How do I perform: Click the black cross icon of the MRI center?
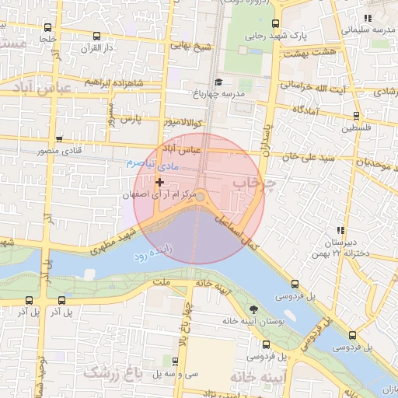160,182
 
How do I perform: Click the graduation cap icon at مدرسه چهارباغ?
219,82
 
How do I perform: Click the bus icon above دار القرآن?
96,37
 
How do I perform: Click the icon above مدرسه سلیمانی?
368,18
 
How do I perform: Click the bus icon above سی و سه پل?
180,361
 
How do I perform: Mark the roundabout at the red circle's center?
200,197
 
